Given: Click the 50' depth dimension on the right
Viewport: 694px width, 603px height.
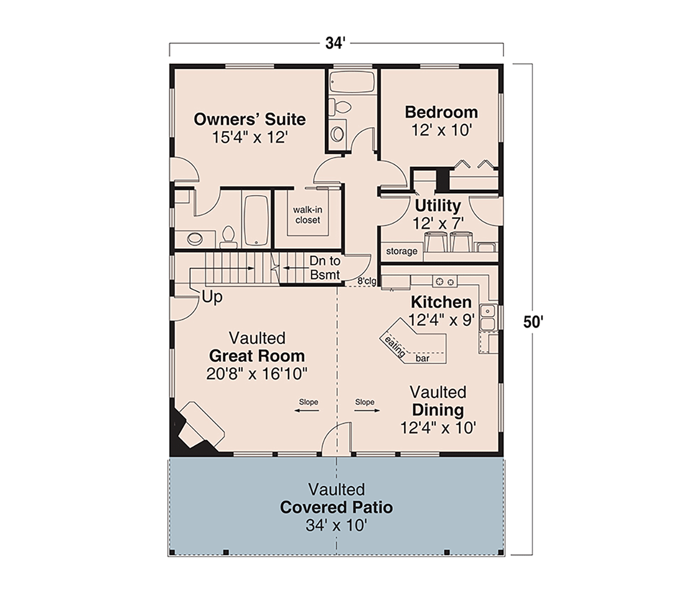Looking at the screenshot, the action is coord(533,322).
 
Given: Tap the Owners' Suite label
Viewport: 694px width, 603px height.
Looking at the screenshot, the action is coord(250,119).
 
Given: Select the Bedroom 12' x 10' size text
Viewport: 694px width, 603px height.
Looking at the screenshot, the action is coord(441,130).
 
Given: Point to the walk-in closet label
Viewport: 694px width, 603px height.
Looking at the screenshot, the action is coord(308,215).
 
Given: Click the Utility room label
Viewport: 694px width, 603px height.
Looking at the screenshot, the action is coord(438,205).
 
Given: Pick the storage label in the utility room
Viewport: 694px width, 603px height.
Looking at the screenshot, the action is coord(401,252).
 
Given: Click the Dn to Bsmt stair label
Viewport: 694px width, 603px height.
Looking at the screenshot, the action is coord(324,268).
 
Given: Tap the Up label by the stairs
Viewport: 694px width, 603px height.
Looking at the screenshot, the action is coord(212,297).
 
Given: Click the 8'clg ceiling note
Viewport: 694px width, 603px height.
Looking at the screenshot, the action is coord(367,281).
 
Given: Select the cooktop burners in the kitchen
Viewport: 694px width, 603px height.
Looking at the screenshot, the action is coord(445,281).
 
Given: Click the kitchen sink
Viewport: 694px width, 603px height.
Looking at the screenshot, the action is coord(488,318).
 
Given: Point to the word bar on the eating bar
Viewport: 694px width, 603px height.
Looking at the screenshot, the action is coord(422,358).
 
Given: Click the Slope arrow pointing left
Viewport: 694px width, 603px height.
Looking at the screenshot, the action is coord(307,411).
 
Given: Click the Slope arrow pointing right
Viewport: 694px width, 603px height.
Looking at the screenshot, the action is coord(367,411).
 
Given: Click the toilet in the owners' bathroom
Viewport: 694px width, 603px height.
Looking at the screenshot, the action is coord(228,237).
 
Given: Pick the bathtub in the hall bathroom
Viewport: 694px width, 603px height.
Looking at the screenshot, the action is coord(352,82).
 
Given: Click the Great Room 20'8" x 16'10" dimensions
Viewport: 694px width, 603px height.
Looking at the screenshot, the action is coord(257,374).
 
